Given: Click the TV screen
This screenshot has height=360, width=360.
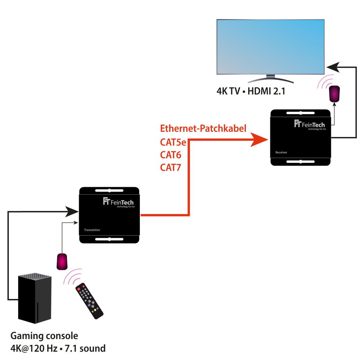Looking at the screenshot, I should [270, 47].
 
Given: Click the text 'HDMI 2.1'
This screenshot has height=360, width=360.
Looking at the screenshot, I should [266, 91].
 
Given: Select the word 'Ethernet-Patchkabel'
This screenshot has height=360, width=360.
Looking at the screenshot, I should [203, 128].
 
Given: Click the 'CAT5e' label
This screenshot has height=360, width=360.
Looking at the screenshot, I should [173, 142].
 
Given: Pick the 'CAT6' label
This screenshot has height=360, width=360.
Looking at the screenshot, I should [171, 155].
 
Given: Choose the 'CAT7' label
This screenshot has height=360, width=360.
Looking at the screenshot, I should [171, 167].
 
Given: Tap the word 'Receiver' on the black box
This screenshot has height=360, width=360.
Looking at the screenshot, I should [281, 152].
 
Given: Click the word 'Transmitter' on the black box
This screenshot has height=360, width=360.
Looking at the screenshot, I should [92, 230].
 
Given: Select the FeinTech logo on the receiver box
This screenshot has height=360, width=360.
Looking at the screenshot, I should [310, 125].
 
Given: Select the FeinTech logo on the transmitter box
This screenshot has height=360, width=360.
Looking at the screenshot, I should [118, 202].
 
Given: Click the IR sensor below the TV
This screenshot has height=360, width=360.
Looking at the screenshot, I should [334, 94].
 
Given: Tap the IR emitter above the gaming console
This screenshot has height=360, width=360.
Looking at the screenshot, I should [62, 262].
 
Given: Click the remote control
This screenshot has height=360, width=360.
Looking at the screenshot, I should [89, 301].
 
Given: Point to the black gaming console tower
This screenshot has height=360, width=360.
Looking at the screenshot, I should [35, 298].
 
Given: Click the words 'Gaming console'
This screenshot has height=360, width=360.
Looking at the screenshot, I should [44, 336].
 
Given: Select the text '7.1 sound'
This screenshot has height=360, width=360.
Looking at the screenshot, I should [85, 348].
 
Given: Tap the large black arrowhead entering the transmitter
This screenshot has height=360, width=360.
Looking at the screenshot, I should [72, 211].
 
